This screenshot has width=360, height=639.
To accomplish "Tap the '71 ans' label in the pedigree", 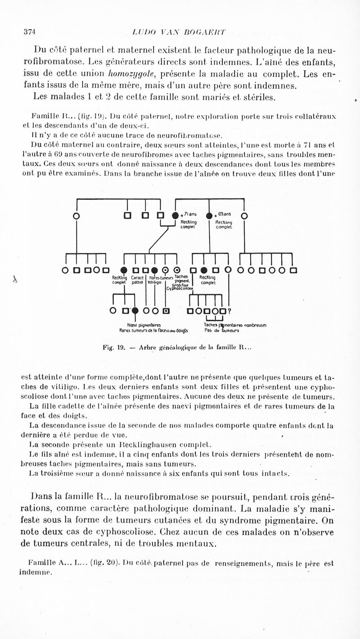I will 187,215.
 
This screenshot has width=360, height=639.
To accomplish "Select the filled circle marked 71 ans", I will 175,216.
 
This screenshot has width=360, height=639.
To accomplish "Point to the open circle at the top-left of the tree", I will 76,216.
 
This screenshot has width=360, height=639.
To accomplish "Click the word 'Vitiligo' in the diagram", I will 155,283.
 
